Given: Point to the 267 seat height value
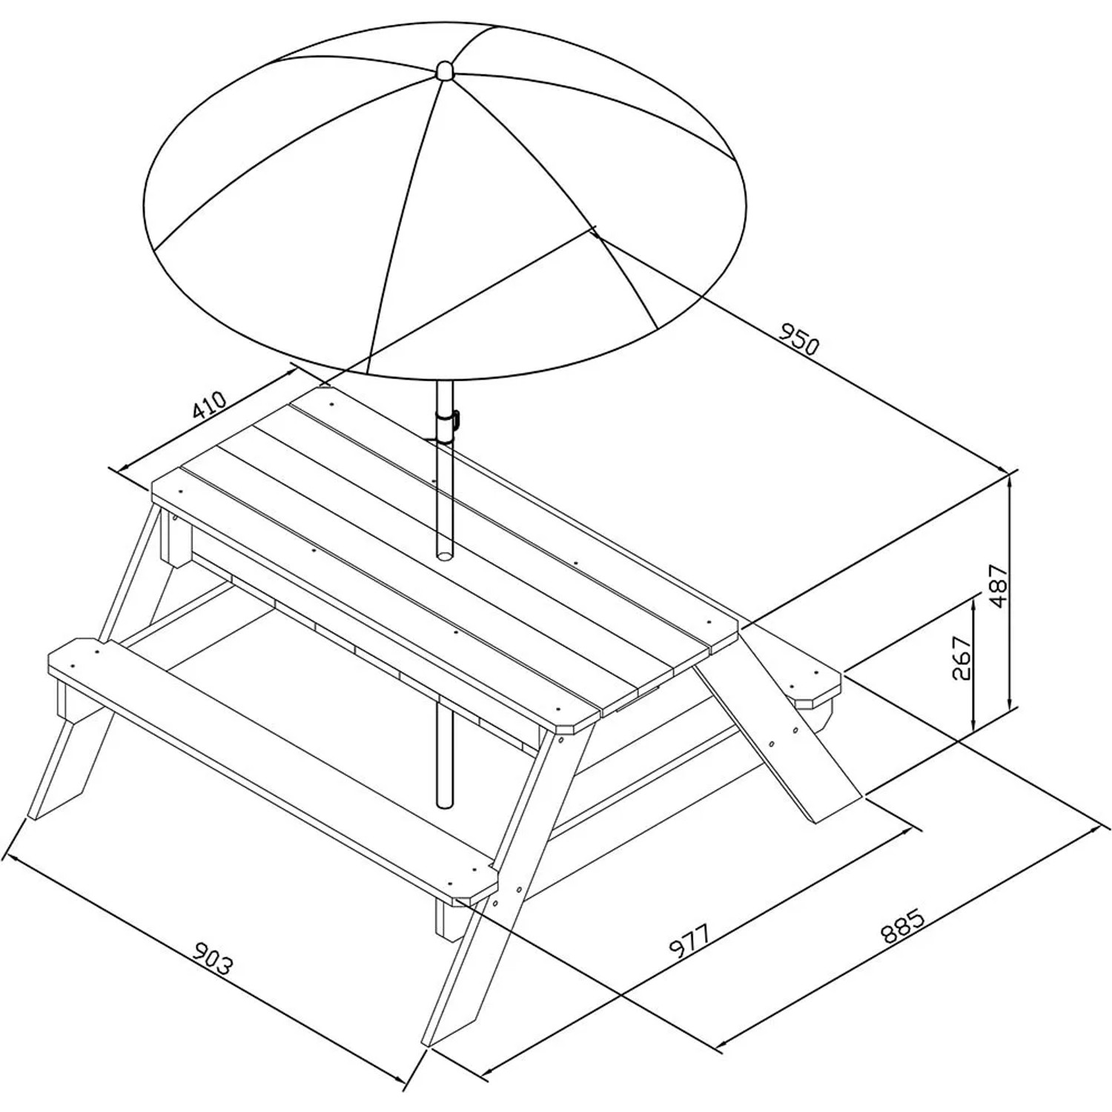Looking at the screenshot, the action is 961,657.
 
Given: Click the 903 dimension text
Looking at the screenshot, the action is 213,958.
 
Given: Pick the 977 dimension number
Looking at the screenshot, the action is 690,941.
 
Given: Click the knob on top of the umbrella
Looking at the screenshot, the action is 444,71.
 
